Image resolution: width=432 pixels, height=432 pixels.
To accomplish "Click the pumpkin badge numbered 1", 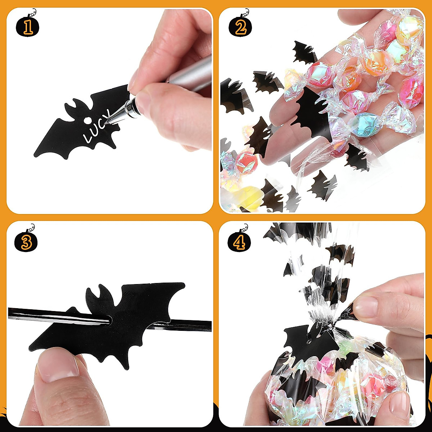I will [28, 26].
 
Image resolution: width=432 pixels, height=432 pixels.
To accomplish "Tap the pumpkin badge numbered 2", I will [240, 26].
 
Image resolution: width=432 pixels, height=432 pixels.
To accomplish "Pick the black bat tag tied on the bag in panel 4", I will [310, 342].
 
